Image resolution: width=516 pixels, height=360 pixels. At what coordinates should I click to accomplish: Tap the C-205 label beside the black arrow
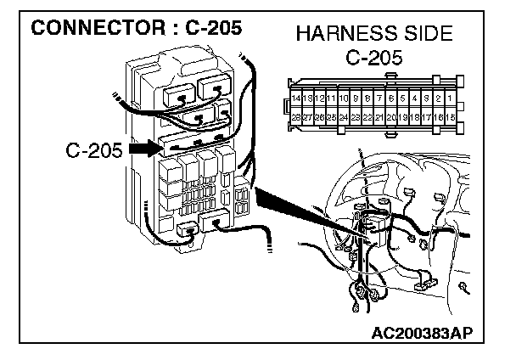[94, 151]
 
